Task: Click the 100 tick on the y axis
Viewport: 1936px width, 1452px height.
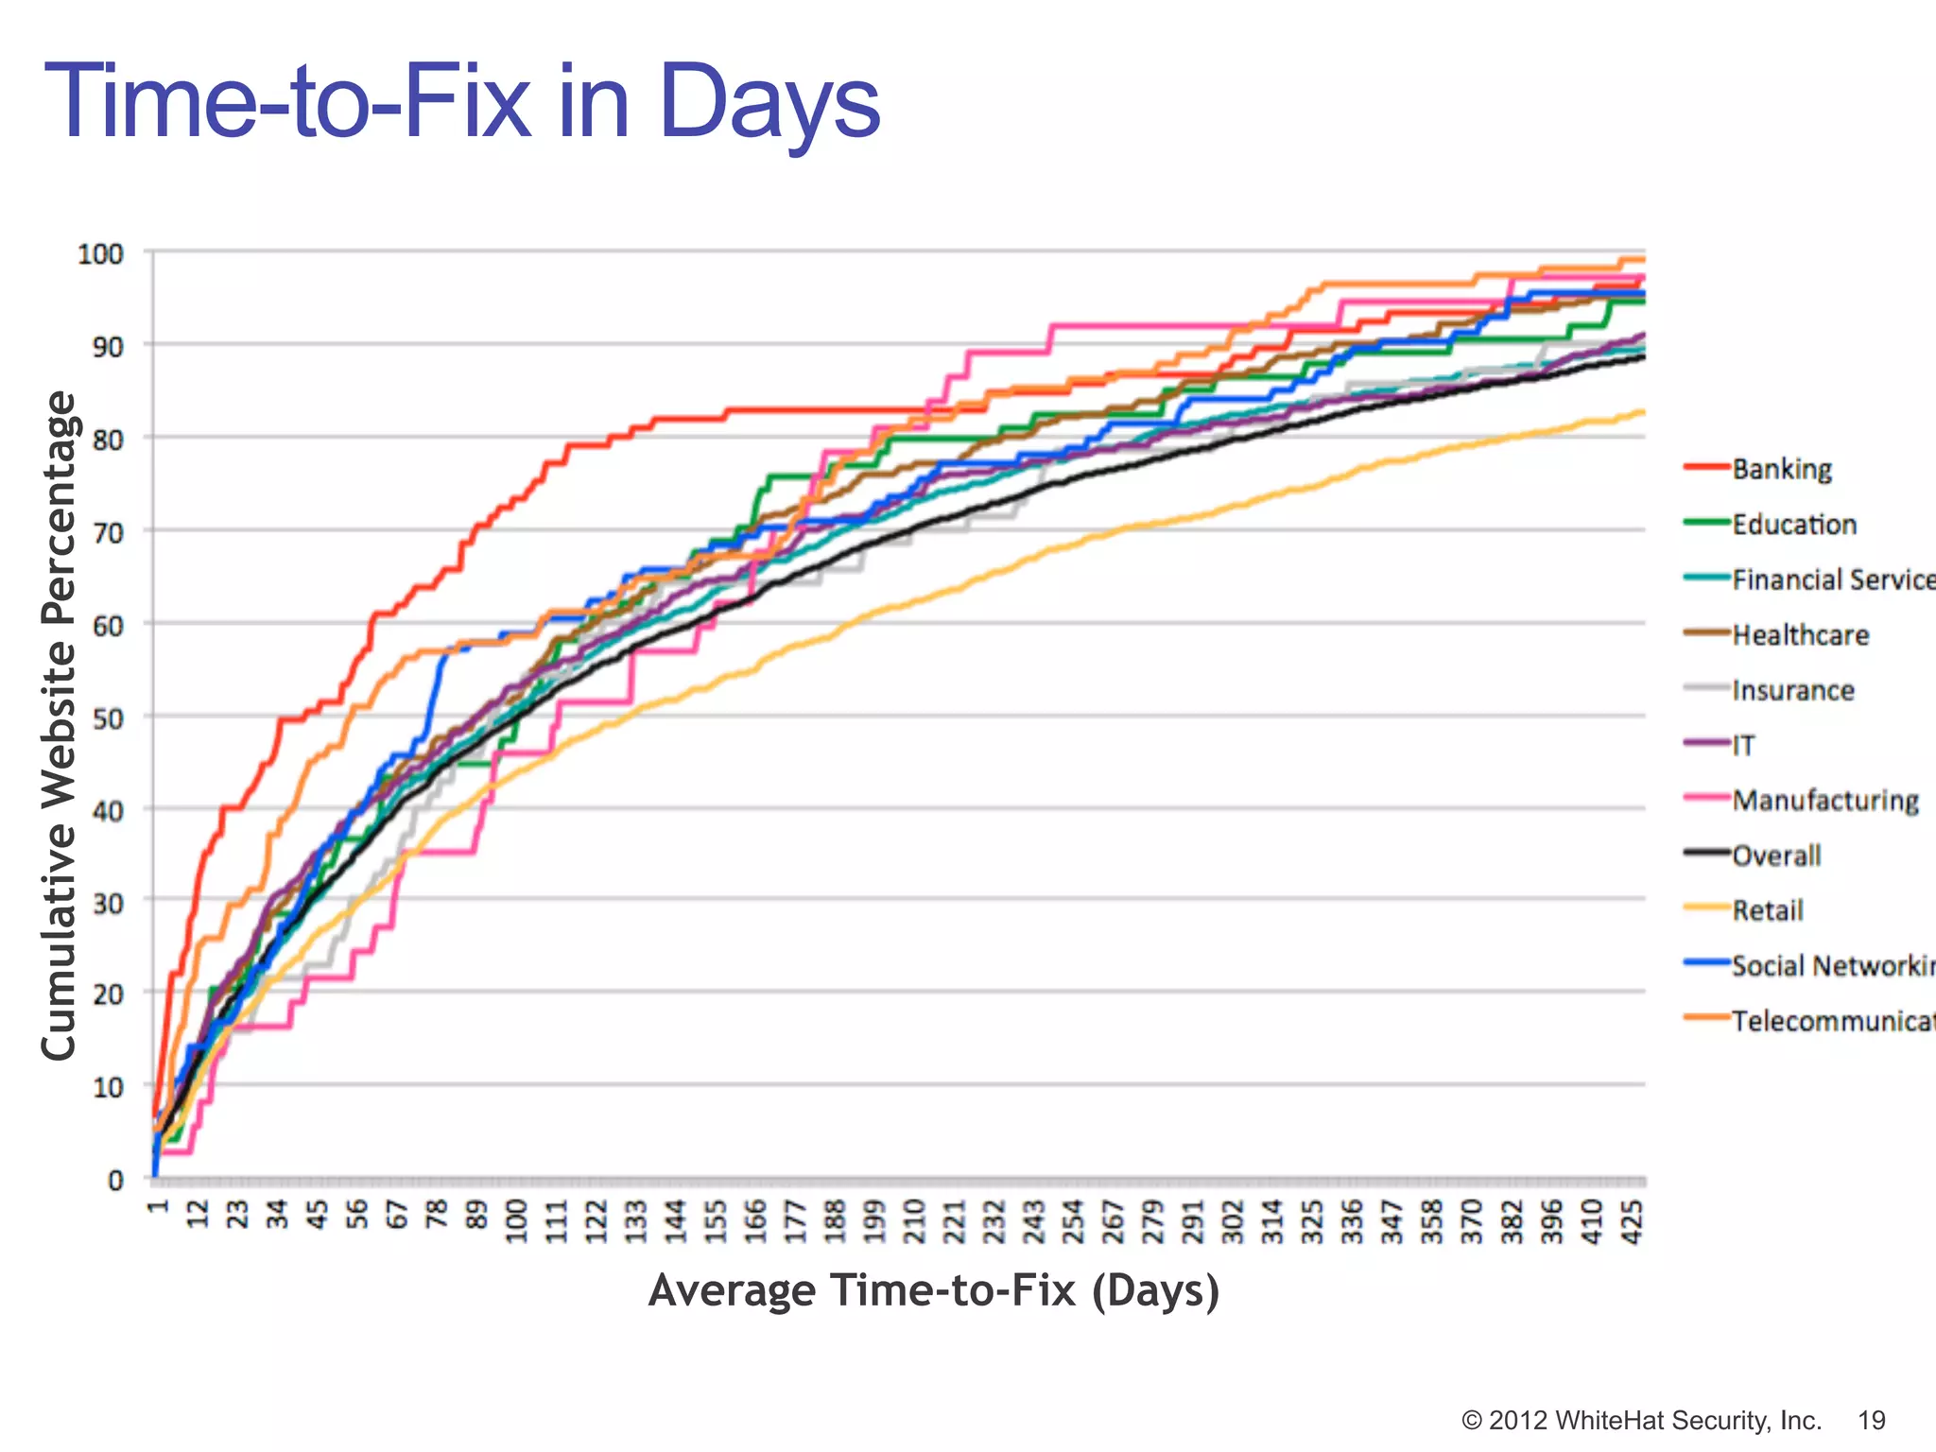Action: coord(101,254)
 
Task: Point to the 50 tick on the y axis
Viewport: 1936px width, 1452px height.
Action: coord(109,718)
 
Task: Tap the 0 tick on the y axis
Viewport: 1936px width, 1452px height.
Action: coord(116,1180)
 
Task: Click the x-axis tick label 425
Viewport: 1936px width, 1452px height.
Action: coord(1633,1221)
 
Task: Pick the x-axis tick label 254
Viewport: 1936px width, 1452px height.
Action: coord(1074,1221)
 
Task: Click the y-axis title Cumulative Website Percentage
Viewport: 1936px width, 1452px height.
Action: coord(59,725)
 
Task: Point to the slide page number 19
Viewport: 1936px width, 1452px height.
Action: coord(1871,1421)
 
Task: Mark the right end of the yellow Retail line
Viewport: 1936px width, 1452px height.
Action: coord(1643,412)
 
